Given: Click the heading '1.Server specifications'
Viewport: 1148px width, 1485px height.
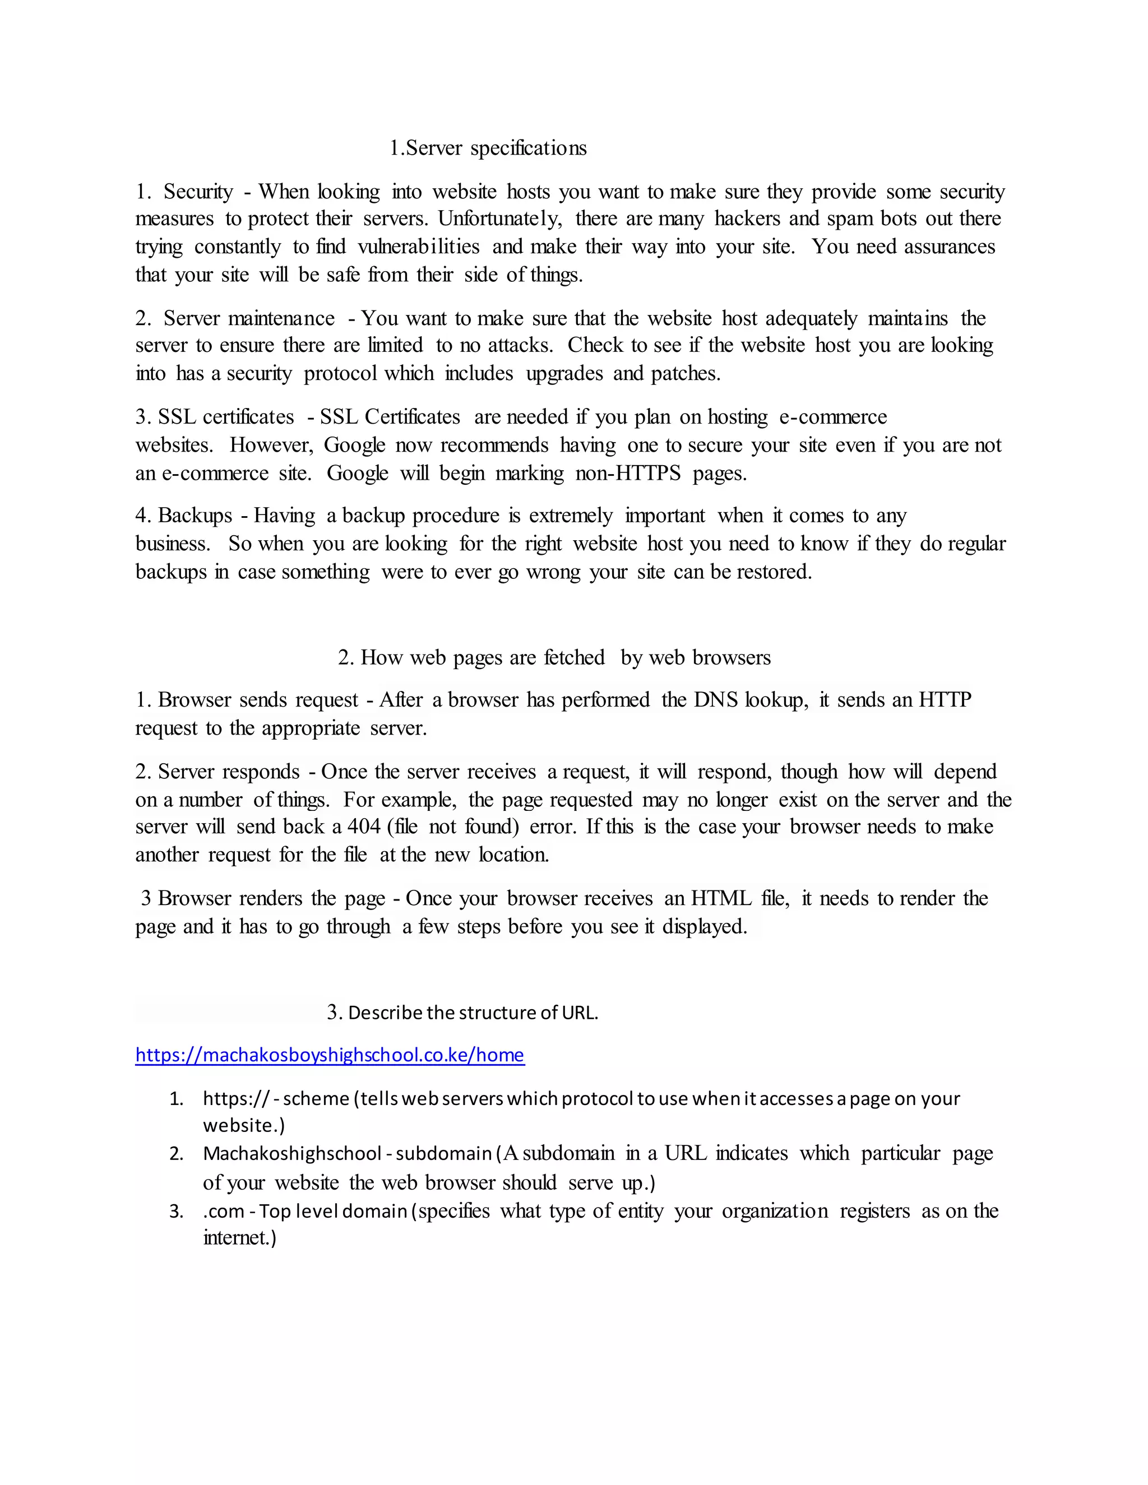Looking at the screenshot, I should (x=488, y=148).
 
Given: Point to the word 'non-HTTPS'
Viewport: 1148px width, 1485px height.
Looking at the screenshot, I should (x=628, y=474).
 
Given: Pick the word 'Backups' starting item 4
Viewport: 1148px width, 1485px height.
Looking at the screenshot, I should (x=195, y=516).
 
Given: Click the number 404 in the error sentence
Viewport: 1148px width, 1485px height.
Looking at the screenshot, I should (x=364, y=827).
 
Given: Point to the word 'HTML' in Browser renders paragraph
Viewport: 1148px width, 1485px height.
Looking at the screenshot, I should (x=721, y=899).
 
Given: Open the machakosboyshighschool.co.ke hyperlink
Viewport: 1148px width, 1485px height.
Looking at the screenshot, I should (x=330, y=1055).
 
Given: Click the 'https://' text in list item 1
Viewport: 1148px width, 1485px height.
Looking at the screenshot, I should (x=236, y=1098).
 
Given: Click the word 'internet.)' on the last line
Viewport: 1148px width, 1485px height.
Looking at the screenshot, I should (x=239, y=1238).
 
